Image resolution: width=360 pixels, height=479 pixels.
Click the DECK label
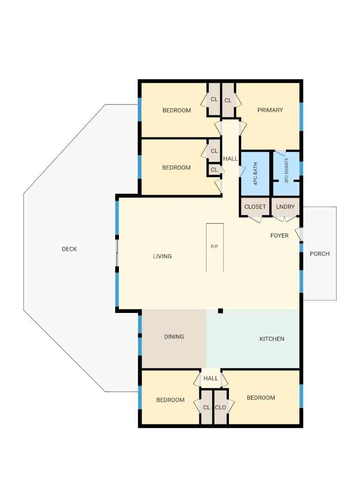pyautogui.click(x=69, y=249)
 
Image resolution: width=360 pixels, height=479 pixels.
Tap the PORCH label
pyautogui.click(x=320, y=254)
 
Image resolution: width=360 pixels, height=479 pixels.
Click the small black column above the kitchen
pyautogui.click(x=220, y=311)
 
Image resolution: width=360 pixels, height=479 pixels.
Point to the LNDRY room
pyautogui.click(x=285, y=206)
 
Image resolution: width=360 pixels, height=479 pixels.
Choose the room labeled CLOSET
pyautogui.click(x=255, y=206)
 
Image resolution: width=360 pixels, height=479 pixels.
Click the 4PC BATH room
pyautogui.click(x=256, y=174)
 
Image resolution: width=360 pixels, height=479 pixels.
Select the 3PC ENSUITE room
pyautogui.click(x=287, y=174)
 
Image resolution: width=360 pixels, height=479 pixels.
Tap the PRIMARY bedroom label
pyautogui.click(x=270, y=110)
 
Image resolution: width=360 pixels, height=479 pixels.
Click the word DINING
pyautogui.click(x=174, y=337)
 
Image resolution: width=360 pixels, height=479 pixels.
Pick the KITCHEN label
pyautogui.click(x=272, y=339)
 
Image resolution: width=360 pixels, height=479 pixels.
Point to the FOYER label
pyautogui.click(x=279, y=236)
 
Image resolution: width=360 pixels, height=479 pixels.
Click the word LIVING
pyautogui.click(x=162, y=256)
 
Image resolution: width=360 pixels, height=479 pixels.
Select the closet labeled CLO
pyautogui.click(x=220, y=407)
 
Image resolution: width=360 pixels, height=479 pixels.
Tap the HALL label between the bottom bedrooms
pyautogui.click(x=211, y=378)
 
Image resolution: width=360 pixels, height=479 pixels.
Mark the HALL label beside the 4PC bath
pyautogui.click(x=230, y=159)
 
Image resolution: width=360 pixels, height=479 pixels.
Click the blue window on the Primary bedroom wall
pyautogui.click(x=301, y=116)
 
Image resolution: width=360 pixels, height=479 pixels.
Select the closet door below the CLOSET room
pyautogui.click(x=255, y=219)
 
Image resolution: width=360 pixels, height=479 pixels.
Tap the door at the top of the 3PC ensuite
pyautogui.click(x=281, y=153)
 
